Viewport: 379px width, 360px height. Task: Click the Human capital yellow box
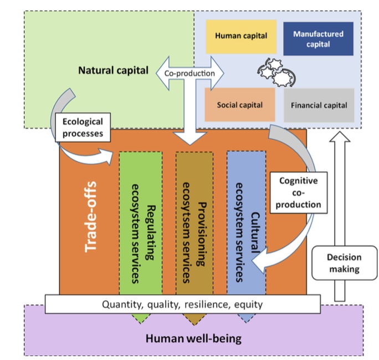pos(240,36)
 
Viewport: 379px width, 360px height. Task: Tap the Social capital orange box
pos(239,104)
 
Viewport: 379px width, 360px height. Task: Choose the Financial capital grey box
pos(319,105)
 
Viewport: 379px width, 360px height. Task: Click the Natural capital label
pos(113,70)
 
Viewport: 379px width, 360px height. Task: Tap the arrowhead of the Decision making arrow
pos(344,138)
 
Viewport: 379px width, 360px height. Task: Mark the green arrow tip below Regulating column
pos(141,318)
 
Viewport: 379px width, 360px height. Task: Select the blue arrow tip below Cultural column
pos(247,318)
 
